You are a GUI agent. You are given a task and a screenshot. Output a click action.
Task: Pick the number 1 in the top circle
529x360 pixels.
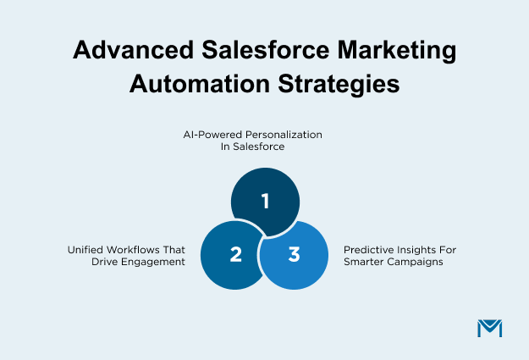[265, 201]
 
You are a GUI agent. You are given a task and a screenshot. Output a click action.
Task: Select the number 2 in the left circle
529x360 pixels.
[235, 255]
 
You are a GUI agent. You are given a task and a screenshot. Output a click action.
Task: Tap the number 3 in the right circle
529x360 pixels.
[294, 255]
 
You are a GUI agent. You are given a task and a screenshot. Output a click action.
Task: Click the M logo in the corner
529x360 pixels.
[489, 328]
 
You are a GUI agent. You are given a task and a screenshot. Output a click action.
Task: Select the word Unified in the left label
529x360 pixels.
[85, 250]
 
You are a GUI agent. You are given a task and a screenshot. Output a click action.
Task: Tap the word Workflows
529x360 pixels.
[135, 250]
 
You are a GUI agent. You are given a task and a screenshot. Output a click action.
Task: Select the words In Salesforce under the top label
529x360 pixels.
[265, 147]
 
